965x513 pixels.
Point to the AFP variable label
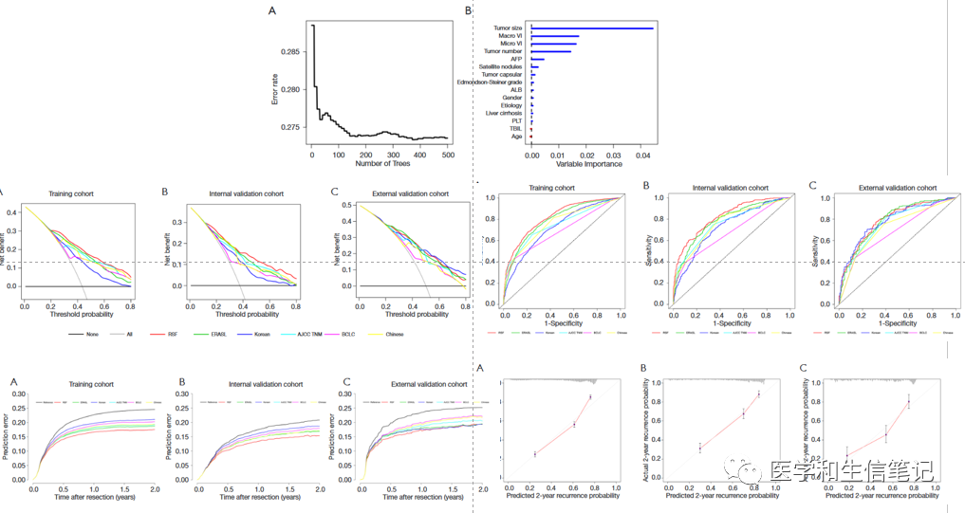coord(517,59)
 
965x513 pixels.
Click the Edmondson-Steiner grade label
coord(491,82)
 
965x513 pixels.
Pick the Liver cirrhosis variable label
coord(505,113)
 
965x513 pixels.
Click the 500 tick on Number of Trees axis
coord(447,154)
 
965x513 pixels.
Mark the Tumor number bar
coord(551,51)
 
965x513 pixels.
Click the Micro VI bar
coord(554,44)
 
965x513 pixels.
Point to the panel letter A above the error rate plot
coord(273,10)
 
